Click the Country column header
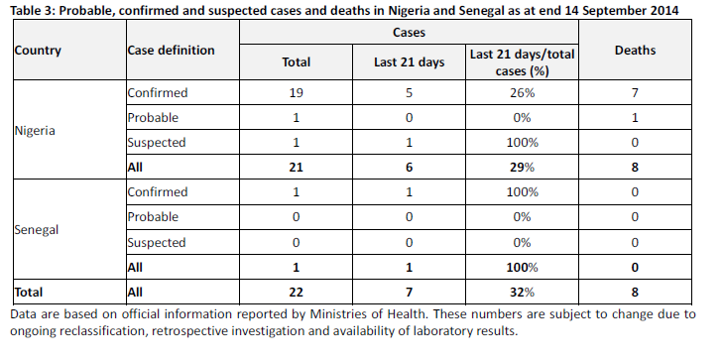38,51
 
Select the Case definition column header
171,51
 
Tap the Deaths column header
635,51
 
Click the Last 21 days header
409,62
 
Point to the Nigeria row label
35,131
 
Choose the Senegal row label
37,229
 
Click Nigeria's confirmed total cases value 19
296,92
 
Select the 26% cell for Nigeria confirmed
522,92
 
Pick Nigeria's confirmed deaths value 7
635,92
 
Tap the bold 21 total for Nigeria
296,167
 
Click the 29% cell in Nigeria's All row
522,167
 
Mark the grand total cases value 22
296,293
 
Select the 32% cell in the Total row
522,293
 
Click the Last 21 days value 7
409,293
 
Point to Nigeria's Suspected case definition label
157,143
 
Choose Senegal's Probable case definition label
153,216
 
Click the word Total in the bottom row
29,293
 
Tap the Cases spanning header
409,33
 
